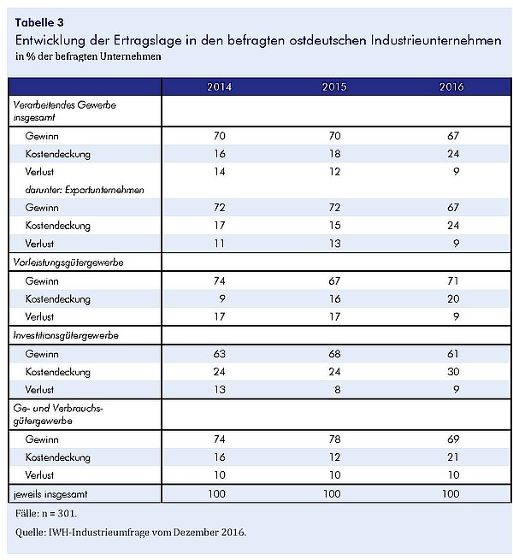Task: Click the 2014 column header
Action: tap(220, 87)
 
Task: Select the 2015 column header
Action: tap(334, 87)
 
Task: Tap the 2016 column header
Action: tap(451, 87)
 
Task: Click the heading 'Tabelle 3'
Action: tap(39, 22)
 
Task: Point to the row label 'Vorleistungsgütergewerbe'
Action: tap(68, 262)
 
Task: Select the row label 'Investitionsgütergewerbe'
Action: tap(66, 335)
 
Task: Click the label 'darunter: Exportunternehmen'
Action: tap(85, 190)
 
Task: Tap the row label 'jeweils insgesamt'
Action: tap(50, 494)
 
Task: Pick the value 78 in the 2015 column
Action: tap(335, 439)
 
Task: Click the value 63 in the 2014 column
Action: tap(220, 354)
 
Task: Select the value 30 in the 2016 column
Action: tap(453, 371)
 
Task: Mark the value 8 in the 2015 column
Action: tap(338, 389)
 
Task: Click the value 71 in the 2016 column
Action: tap(452, 280)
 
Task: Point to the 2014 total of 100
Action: tap(216, 494)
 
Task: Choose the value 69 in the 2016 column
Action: tap(453, 439)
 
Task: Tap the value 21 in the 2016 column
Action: tap(453, 457)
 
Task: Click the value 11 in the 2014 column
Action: tap(220, 244)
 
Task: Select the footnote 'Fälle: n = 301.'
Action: tap(46, 514)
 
